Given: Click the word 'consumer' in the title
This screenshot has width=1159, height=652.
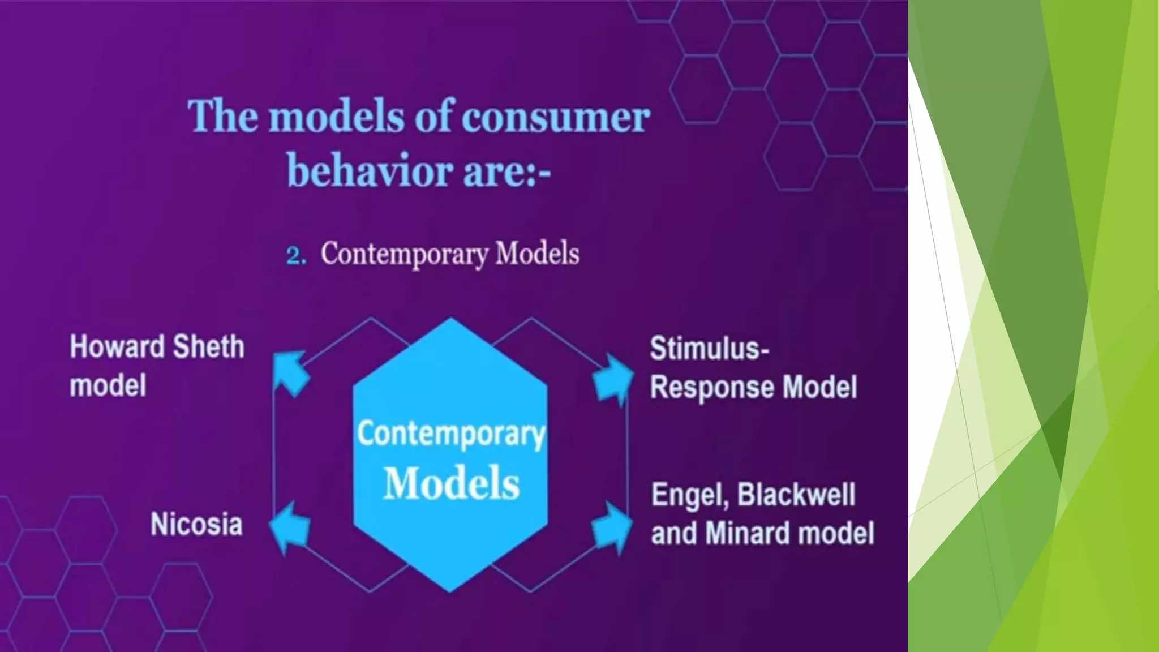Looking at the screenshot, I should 556,118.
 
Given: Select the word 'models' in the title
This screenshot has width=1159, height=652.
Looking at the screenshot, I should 336,117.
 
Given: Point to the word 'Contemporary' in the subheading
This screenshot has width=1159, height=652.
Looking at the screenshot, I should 404,254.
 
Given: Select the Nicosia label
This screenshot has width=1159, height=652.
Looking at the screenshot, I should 196,524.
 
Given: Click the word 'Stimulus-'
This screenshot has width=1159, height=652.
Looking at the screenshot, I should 709,348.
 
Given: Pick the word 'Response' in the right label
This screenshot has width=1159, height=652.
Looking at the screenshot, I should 712,388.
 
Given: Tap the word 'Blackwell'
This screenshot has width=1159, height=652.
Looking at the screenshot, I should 796,495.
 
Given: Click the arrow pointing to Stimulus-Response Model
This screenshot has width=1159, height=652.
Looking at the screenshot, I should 613,378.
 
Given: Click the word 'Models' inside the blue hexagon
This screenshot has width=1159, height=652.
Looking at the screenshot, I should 451,483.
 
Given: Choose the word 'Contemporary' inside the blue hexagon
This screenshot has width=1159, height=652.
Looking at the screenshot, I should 451,434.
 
